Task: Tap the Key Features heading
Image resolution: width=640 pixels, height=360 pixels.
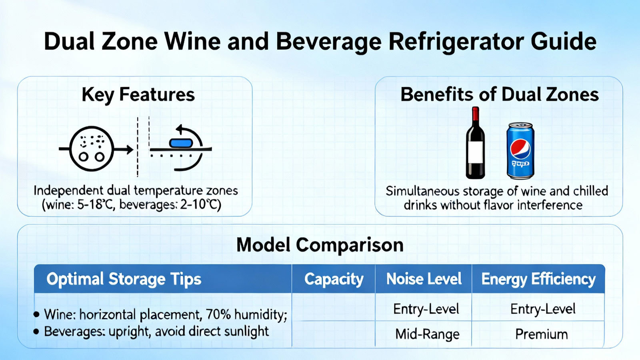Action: click(x=138, y=95)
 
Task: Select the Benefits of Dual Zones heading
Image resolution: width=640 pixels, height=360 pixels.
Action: click(x=500, y=94)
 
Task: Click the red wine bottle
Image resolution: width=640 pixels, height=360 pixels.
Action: click(x=475, y=143)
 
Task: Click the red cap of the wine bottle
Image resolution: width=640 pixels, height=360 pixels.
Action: click(x=476, y=114)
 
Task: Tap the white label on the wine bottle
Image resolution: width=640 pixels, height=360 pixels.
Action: click(x=476, y=152)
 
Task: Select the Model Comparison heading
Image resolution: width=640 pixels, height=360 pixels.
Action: click(x=320, y=245)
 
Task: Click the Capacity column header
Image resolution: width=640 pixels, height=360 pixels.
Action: click(x=334, y=279)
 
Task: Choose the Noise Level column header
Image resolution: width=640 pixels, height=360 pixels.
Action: click(x=424, y=279)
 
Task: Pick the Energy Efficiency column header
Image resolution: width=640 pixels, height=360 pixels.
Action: click(x=538, y=279)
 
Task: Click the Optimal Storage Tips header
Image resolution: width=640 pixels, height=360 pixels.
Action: click(x=124, y=279)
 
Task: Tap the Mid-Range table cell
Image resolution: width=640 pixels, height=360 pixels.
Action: click(x=428, y=334)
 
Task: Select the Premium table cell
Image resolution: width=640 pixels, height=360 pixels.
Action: click(x=542, y=334)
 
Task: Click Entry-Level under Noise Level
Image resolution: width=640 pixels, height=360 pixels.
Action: click(x=426, y=309)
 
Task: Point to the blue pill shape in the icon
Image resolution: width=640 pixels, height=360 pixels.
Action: click(x=181, y=143)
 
